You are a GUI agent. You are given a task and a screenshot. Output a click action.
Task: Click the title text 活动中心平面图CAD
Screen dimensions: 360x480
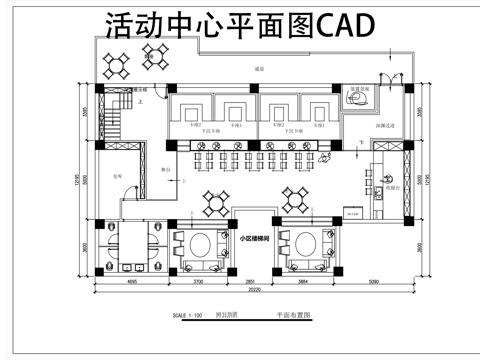pos(240,25)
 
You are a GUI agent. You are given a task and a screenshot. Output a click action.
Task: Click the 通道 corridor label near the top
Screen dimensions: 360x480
pos(259,69)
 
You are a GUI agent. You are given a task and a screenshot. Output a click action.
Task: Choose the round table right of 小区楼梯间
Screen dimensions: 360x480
pos(306,245)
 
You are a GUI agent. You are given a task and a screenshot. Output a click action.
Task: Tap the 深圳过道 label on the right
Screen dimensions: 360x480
pos(385,126)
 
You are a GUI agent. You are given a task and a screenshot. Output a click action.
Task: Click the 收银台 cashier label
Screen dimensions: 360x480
pos(393,187)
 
